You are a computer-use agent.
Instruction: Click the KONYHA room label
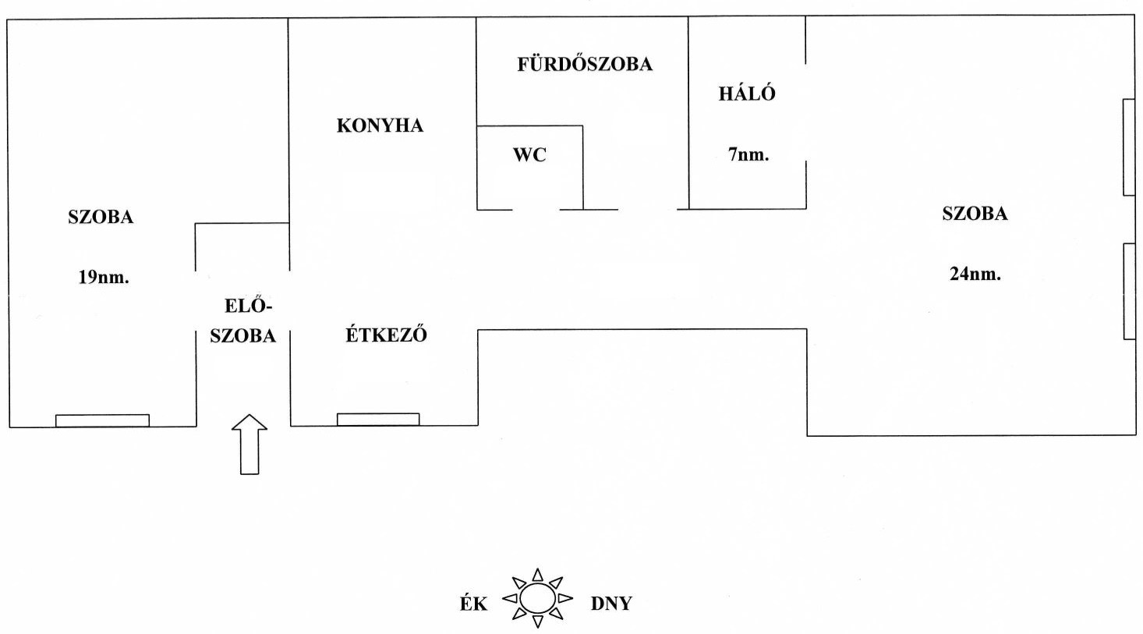click(380, 126)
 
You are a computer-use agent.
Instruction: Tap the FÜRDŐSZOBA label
click(585, 64)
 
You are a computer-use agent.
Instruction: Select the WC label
click(529, 154)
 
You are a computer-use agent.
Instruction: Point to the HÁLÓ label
click(747, 94)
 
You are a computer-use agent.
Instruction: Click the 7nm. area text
click(748, 154)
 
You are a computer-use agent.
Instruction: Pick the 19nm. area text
click(103, 277)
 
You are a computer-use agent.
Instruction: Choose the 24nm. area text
click(975, 274)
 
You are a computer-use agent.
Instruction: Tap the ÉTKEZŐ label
click(386, 335)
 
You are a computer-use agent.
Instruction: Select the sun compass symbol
click(537, 599)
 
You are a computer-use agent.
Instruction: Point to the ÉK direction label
click(472, 604)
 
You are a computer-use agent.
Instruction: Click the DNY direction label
click(611, 604)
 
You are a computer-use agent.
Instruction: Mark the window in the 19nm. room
click(102, 420)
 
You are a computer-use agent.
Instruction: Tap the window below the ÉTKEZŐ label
click(378, 420)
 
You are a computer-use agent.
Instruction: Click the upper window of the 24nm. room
click(1128, 147)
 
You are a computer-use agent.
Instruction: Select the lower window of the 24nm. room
click(1128, 291)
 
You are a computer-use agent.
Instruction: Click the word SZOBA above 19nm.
click(101, 217)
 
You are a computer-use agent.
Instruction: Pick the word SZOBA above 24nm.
click(975, 214)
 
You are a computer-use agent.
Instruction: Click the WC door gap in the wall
click(536, 209)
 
